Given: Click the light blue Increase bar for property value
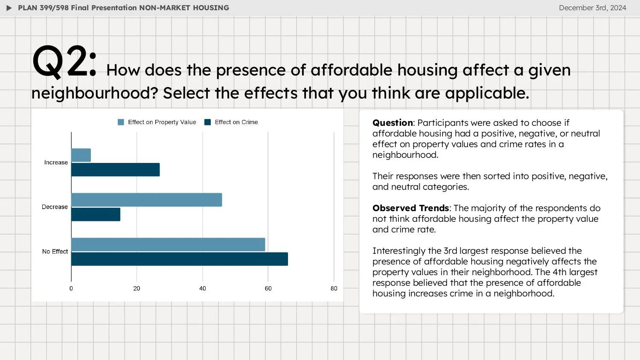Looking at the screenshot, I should coord(81,155).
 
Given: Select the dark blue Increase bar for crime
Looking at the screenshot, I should coord(115,170).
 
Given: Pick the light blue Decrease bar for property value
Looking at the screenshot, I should coord(146,200).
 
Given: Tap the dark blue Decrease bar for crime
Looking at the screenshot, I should coord(96,215).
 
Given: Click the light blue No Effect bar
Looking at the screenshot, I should coord(168,244).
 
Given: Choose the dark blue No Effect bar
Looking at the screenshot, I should coord(179,259).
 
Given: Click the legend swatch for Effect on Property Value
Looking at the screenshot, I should coord(121,122).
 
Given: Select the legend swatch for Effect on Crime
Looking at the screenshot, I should coord(208,122).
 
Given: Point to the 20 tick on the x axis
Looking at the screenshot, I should coord(137,288).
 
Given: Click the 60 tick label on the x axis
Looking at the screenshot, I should coord(268,288).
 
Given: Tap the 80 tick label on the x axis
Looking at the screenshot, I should coord(334,288).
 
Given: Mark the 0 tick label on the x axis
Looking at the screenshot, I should coord(71,288).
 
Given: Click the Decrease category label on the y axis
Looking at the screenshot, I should coord(55,207).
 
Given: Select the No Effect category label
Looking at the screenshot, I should coord(55,252).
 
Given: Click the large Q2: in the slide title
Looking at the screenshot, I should coord(64,63).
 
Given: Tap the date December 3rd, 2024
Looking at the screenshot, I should coord(592,8).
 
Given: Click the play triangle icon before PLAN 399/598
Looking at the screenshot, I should coord(9,8).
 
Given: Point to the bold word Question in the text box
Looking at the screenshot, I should coord(393,123).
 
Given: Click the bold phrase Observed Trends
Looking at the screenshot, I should coord(410,208).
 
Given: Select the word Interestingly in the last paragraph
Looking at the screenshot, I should coord(399,251).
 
